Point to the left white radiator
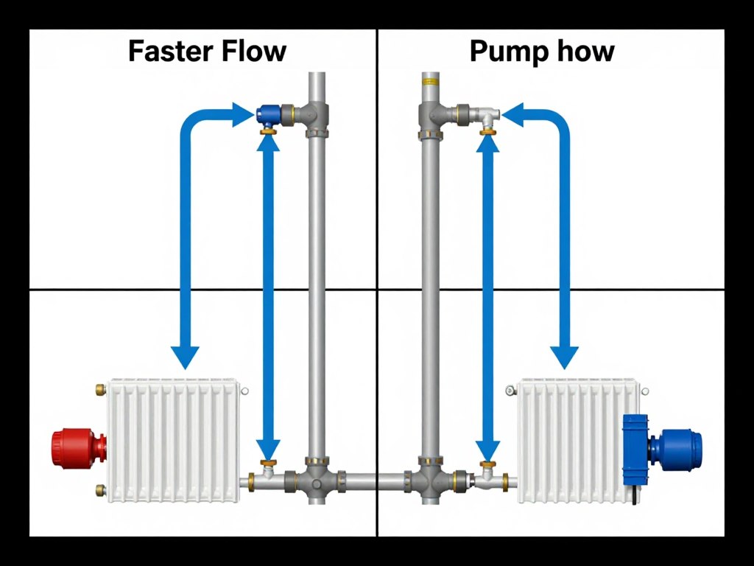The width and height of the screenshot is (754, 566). (174, 441)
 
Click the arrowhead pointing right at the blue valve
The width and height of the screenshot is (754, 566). (244, 114)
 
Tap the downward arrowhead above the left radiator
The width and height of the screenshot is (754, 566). (185, 357)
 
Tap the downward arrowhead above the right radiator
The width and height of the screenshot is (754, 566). (565, 357)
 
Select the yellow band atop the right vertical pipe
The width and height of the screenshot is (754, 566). (430, 76)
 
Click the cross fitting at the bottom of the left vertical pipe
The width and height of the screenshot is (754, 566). (317, 483)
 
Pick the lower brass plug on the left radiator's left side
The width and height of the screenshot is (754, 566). (100, 489)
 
